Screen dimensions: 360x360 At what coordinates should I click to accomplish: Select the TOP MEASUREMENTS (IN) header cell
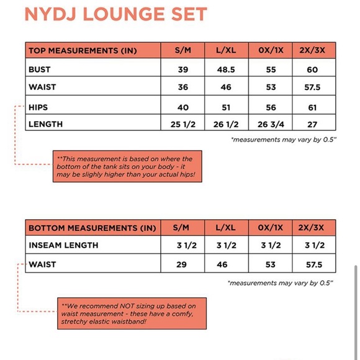click(x=82, y=51)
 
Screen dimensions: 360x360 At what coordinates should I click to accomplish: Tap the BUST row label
click(x=40, y=70)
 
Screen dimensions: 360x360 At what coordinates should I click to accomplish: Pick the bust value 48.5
click(x=227, y=70)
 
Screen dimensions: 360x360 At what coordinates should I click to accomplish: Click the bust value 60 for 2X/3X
click(x=312, y=70)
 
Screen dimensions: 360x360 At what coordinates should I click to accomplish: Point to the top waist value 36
click(x=183, y=88)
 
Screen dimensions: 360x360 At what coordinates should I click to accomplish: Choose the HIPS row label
click(x=38, y=107)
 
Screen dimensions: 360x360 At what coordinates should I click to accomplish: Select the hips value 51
click(x=227, y=107)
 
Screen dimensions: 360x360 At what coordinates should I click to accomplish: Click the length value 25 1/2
click(x=183, y=125)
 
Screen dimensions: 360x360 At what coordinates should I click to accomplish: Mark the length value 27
click(x=312, y=125)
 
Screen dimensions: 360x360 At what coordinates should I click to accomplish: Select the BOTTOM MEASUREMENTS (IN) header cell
click(x=92, y=228)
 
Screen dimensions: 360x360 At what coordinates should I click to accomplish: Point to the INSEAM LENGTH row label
click(x=63, y=246)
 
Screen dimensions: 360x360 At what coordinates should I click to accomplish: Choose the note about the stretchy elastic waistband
click(x=133, y=313)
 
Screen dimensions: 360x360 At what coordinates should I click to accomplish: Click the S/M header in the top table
click(x=183, y=51)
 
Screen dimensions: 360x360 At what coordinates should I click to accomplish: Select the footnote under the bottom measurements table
click(x=281, y=283)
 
